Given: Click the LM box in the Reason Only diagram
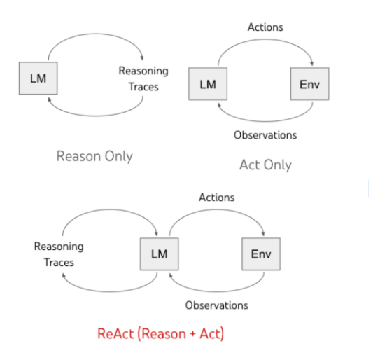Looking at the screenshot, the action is (x=38, y=78).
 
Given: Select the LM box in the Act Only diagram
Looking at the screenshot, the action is (x=208, y=84).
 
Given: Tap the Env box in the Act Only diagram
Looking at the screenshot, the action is (x=310, y=84).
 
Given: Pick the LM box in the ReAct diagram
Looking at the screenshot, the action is (x=160, y=254).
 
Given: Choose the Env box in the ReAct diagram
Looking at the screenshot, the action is (x=261, y=254).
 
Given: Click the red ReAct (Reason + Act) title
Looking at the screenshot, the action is (x=161, y=333).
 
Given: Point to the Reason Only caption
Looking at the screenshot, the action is (x=94, y=156).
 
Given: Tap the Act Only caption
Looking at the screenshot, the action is (x=265, y=165).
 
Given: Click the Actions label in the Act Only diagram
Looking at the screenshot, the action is (x=265, y=27).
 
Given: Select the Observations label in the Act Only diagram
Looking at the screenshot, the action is (x=265, y=135).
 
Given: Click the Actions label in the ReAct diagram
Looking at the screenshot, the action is (x=217, y=198).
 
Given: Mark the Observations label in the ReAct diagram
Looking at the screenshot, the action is (x=217, y=305).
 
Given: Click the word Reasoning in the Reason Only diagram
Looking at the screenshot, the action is (x=143, y=71).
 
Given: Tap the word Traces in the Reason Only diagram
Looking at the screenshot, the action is (x=143, y=87).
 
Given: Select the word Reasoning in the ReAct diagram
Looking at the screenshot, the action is (x=59, y=247).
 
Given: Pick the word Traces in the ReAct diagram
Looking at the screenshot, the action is (x=59, y=263).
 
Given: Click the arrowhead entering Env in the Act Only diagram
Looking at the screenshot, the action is (x=311, y=63).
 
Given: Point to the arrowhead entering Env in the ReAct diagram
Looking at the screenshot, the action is (x=263, y=233).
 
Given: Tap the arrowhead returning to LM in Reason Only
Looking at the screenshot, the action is (x=49, y=99).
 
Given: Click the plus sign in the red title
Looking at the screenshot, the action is (x=192, y=333).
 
